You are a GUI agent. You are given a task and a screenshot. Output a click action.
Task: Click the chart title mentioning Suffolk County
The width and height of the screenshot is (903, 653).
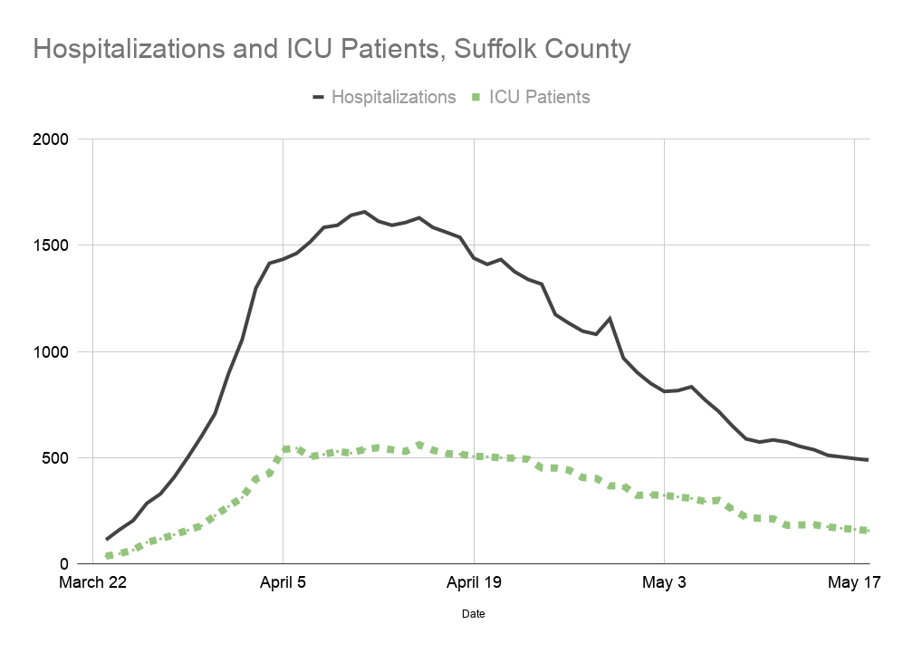click(331, 49)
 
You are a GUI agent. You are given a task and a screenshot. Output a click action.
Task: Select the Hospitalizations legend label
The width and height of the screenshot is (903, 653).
click(393, 97)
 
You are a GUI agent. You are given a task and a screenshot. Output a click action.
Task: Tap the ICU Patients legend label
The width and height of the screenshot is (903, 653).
click(539, 97)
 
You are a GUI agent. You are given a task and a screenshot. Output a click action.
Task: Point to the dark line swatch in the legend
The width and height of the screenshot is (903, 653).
click(318, 97)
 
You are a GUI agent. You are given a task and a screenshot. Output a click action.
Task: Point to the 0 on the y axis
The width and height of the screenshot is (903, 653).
click(75, 563)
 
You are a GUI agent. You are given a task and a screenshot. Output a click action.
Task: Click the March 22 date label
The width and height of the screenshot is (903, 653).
click(92, 582)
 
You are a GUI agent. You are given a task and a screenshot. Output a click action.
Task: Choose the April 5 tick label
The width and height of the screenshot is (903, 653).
click(283, 582)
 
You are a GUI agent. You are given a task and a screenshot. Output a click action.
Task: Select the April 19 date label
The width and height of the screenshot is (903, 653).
click(474, 582)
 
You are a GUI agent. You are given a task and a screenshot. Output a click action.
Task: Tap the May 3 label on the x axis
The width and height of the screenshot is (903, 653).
click(665, 582)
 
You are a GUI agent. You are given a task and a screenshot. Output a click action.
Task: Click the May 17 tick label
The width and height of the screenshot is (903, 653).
click(855, 582)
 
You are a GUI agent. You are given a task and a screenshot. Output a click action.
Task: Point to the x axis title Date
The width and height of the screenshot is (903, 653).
click(473, 613)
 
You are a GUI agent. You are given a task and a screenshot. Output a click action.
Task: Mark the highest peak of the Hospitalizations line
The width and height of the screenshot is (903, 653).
click(364, 212)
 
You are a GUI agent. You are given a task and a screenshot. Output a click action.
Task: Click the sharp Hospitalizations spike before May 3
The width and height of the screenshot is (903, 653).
click(610, 318)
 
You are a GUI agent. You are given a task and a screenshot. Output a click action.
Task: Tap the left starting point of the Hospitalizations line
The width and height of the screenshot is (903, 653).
click(107, 540)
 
